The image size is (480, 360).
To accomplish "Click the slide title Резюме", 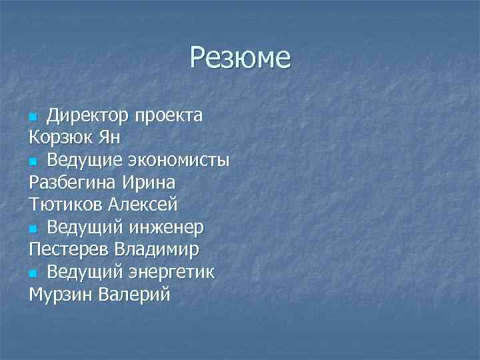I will pyautogui.click(x=240, y=57).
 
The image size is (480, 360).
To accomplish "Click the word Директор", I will pyautogui.click(x=85, y=115).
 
